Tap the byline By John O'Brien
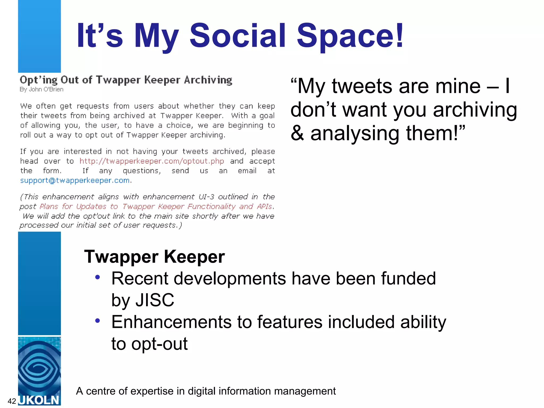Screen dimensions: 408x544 41,90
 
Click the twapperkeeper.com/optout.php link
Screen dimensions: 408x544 152,161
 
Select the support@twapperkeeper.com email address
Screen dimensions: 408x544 75,181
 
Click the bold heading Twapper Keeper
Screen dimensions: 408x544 154,257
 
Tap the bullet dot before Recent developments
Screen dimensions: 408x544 97,277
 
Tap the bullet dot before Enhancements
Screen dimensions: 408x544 97,321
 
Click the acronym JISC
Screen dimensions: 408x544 155,300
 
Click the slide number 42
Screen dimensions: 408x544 12,401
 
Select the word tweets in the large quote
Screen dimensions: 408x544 362,86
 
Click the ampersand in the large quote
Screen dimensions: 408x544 297,133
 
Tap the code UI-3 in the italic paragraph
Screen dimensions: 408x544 206,197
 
